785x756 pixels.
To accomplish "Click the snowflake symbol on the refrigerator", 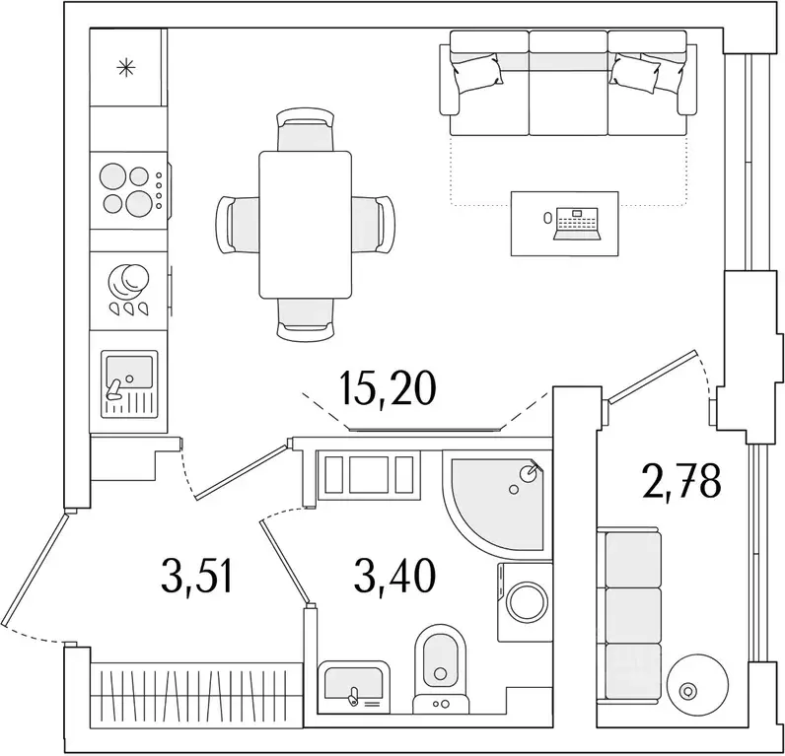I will (125, 68).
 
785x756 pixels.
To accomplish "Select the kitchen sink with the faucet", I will (128, 382).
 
